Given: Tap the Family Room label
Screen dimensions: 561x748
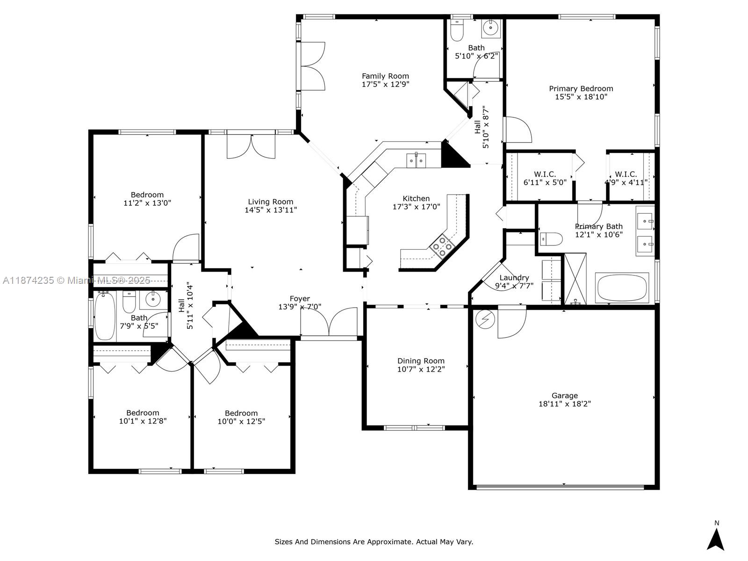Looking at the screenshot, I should (385, 76).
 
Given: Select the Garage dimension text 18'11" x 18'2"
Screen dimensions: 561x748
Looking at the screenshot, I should (564, 404).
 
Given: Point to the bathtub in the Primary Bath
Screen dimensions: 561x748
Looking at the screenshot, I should (622, 288).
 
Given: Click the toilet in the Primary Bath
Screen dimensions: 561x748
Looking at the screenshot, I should (551, 239).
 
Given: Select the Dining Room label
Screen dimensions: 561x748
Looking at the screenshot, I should (421, 361).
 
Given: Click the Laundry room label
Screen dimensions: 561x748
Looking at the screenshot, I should (514, 278).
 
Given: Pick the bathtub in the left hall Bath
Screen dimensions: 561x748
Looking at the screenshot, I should (104, 316).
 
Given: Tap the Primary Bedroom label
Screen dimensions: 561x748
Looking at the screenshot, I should (581, 89).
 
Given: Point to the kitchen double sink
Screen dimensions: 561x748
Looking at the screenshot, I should (416, 160).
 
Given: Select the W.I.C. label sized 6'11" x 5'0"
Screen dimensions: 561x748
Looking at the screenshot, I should (545, 174).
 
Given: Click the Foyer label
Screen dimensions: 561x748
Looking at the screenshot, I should (300, 299).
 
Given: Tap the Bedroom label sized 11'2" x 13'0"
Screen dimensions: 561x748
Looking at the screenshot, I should (147, 195).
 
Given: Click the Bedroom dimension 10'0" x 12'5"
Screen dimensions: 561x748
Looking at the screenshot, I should (241, 421).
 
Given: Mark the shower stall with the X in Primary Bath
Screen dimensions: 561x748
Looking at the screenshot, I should (575, 279).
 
